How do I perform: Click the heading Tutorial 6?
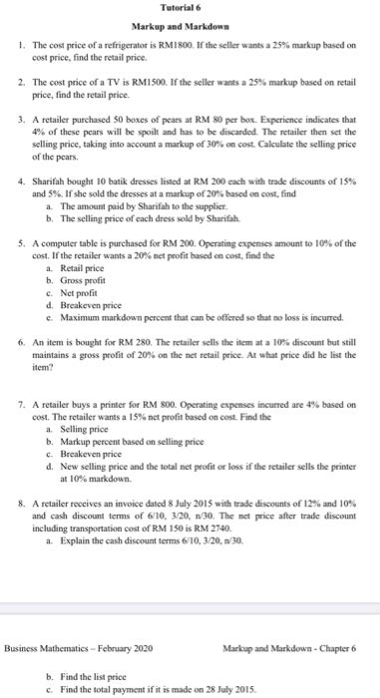(190, 8)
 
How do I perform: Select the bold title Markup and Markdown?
(190, 25)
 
